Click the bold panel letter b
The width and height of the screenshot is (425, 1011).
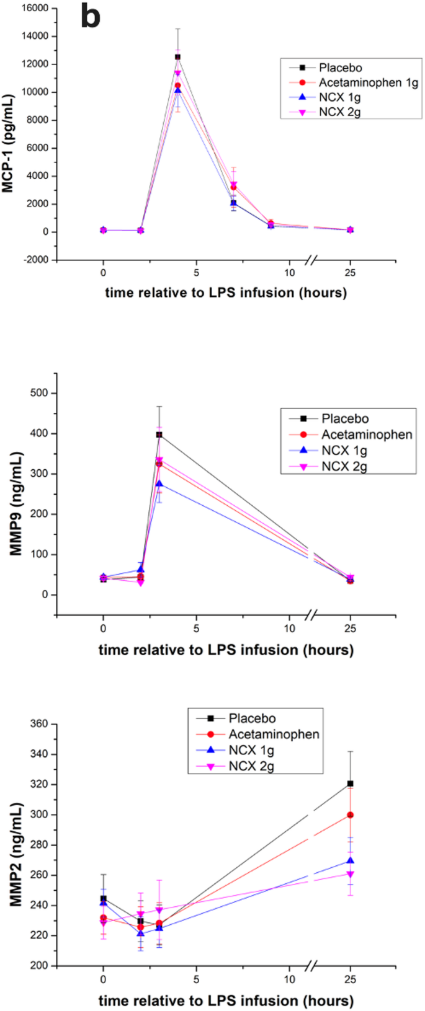point(90,17)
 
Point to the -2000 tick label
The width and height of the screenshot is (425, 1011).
point(35,260)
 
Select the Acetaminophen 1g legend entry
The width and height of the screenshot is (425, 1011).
point(368,82)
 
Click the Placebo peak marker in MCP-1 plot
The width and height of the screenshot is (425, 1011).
point(177,57)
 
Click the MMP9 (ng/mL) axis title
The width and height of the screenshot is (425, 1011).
point(16,504)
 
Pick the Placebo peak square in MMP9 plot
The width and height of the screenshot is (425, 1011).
point(159,435)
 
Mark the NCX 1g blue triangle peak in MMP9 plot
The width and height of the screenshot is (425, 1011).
point(159,483)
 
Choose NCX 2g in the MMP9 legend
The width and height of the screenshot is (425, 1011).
point(344,467)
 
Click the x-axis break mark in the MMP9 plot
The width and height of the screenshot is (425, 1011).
point(312,615)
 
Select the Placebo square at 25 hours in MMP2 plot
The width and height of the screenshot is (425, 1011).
point(351,784)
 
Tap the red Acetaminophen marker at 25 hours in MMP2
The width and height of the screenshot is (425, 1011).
point(351,815)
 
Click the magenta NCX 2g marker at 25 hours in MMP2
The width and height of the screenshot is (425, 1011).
point(351,874)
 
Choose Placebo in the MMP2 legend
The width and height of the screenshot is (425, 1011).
point(252,718)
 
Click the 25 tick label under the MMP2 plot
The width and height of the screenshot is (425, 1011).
point(351,979)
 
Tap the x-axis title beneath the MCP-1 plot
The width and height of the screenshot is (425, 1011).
point(226,292)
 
